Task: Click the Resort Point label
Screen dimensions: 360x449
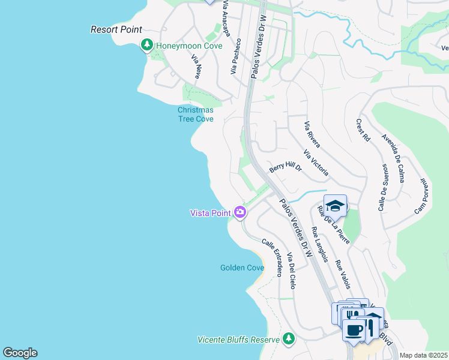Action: (116, 29)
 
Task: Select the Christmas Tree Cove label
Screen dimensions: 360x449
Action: (196, 114)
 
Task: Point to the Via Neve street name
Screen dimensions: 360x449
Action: (196, 67)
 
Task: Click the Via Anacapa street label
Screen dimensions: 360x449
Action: (226, 18)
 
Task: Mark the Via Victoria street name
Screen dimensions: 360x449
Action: (316, 163)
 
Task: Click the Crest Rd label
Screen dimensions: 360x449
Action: (363, 130)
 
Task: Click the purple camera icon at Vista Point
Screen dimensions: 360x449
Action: (240, 212)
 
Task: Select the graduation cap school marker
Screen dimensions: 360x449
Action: (335, 206)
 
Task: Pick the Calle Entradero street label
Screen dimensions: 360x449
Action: (271, 258)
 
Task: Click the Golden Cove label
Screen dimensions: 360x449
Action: (242, 268)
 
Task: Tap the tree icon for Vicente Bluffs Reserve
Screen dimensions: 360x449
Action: (289, 339)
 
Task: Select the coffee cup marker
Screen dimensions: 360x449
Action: (354, 329)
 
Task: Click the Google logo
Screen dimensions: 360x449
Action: (20, 353)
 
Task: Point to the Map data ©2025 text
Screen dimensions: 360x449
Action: (423, 355)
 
